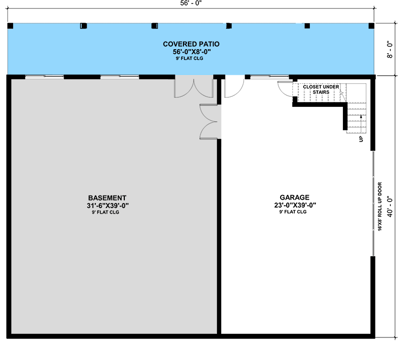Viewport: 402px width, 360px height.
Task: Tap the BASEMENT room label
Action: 107,198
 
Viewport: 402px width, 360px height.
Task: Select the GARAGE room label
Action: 294,198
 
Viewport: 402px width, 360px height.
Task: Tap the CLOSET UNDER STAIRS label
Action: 321,89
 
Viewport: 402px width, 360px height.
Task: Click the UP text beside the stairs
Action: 360,139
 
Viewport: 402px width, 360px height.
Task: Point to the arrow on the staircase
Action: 361,119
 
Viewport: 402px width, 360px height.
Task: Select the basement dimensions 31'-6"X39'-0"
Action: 108,206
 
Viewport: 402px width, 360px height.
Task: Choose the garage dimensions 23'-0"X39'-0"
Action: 294,205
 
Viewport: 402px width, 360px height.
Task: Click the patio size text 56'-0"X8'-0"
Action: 191,52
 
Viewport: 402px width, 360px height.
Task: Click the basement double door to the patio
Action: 194,86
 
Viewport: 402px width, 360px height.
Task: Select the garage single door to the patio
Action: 234,86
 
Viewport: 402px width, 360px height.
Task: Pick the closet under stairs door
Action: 286,88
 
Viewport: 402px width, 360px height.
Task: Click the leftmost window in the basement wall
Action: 45,77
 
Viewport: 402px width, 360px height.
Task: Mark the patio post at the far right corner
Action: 371,26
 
